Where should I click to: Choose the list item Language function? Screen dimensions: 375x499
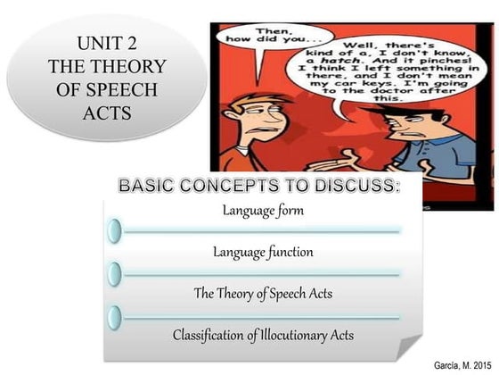click(x=262, y=252)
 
